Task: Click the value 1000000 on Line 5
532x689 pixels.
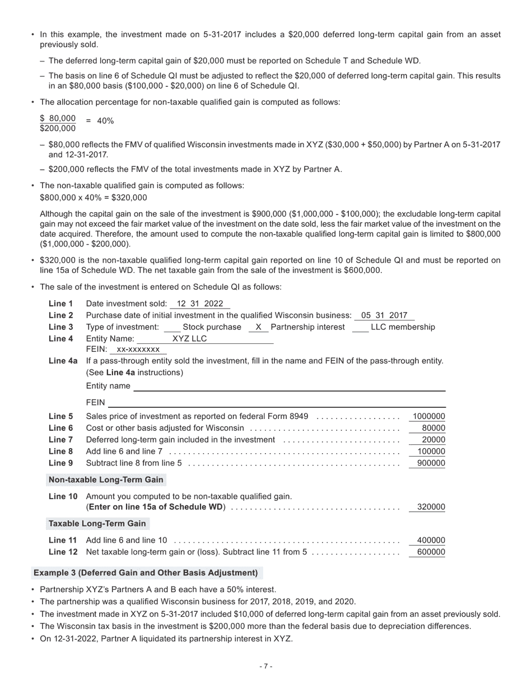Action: click(428, 416)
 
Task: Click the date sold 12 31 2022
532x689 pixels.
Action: click(200, 304)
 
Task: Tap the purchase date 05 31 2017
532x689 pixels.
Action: click(384, 315)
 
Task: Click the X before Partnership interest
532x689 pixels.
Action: click(258, 327)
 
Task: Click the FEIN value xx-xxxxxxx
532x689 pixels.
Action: click(138, 350)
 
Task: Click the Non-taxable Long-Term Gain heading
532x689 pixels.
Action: click(106, 479)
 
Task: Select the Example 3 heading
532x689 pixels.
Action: click(146, 572)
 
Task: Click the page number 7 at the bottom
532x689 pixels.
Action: click(266, 666)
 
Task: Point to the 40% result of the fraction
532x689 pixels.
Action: click(105, 121)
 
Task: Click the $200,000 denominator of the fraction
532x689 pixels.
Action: click(58, 128)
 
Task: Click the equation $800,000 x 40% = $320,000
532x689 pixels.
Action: click(94, 197)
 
